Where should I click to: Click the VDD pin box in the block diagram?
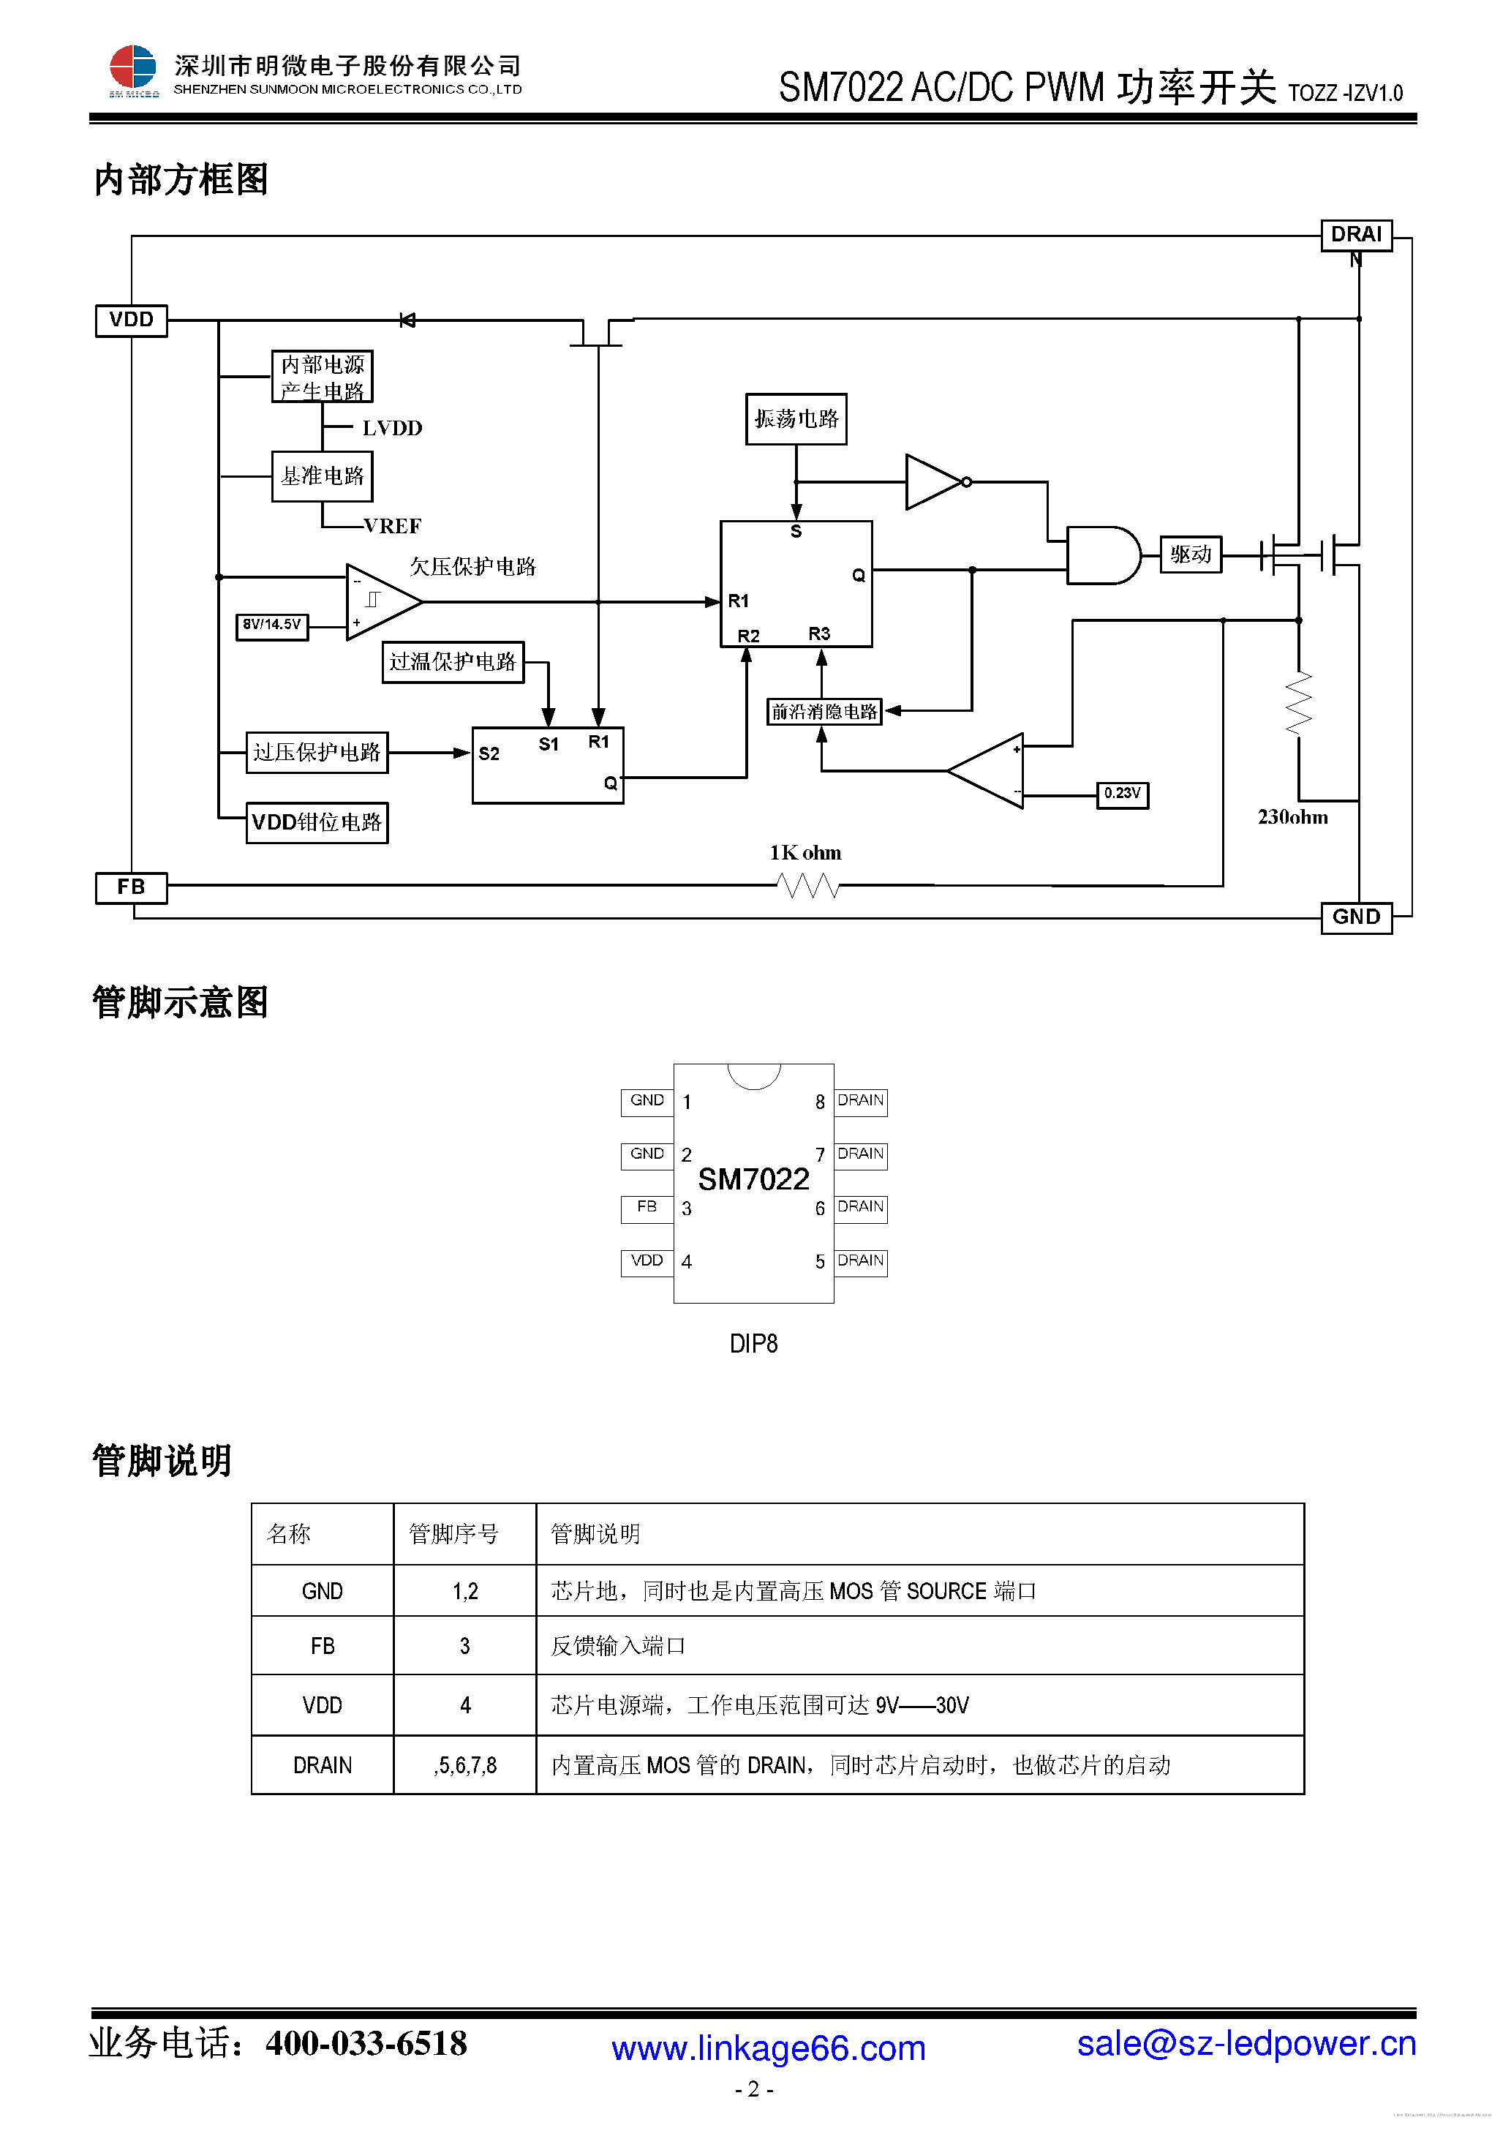pos(132,320)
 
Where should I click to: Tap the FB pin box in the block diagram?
pos(132,887)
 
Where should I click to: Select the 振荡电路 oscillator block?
pos(796,419)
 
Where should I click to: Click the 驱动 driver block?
pos(1190,555)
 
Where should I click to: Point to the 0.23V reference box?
pos(1122,794)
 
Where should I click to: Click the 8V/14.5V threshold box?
pos(271,625)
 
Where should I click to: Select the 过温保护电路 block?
pos(453,662)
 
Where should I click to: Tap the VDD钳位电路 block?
pos(317,823)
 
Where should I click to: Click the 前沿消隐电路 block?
pos(824,712)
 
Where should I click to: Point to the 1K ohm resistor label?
pos(805,852)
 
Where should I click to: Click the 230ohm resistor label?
pos(1292,817)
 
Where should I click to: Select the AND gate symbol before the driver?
pos(1102,555)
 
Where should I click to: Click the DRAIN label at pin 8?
pos(860,1101)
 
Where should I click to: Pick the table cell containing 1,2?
pos(465,1591)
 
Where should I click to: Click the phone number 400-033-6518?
pos(366,2042)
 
